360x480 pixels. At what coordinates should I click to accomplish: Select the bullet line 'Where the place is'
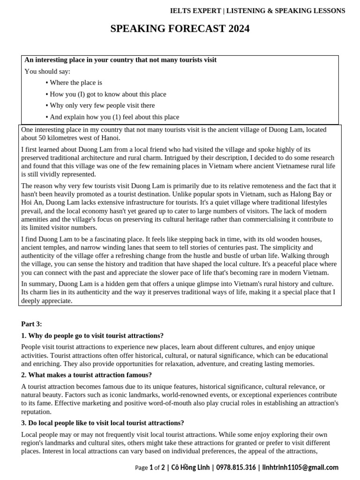pyautogui.click(x=75, y=82)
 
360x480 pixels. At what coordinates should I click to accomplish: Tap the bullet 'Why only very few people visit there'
pyautogui.click(x=102, y=105)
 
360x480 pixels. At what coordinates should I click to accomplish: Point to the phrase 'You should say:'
pyautogui.click(x=47, y=71)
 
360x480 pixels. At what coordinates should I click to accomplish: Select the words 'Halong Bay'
pyautogui.click(x=313, y=194)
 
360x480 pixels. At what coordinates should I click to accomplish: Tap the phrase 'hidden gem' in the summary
pyautogui.click(x=116, y=284)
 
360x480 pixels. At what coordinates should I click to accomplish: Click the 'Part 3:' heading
pyautogui.click(x=31, y=324)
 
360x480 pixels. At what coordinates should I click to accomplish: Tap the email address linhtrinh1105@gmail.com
pyautogui.click(x=300, y=467)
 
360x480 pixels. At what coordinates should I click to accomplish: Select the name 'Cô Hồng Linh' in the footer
pyautogui.click(x=191, y=467)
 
